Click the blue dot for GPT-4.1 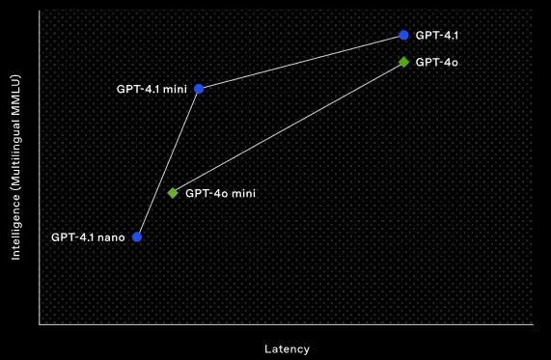coord(403,35)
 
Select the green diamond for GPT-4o coord(403,62)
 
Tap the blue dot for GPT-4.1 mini coord(199,89)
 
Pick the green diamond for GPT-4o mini coord(173,193)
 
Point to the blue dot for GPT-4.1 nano coord(137,236)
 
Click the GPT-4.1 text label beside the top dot coord(437,35)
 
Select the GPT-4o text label coord(436,62)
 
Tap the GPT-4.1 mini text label coord(152,89)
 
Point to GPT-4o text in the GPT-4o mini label coord(203,193)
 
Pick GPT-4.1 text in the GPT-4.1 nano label coord(71,236)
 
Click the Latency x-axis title coord(287,348)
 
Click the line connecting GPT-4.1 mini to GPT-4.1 coord(301,62)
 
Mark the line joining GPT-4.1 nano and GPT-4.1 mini coord(168,162)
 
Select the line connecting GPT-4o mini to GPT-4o coord(288,127)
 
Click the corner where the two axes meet coord(40,325)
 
